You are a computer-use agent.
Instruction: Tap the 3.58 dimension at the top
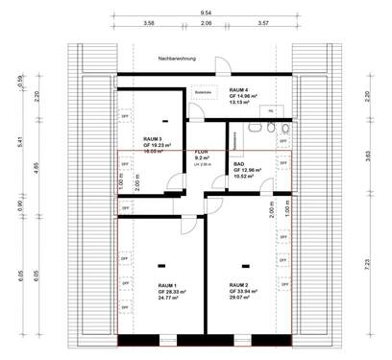pyautogui.click(x=148, y=21)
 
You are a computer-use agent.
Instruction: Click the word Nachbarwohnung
pyautogui.click(x=179, y=60)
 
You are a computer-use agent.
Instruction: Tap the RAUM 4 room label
pyautogui.click(x=240, y=89)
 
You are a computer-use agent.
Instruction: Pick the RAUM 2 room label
pyautogui.click(x=240, y=285)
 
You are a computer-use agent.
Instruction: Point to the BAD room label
pyautogui.click(x=239, y=164)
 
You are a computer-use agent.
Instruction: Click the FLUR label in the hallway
pyautogui.click(x=202, y=152)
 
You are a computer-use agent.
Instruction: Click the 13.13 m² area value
pyautogui.click(x=240, y=103)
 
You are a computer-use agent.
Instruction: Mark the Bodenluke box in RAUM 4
pyautogui.click(x=203, y=92)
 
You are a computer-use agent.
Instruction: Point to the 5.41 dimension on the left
pyautogui.click(x=22, y=144)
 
